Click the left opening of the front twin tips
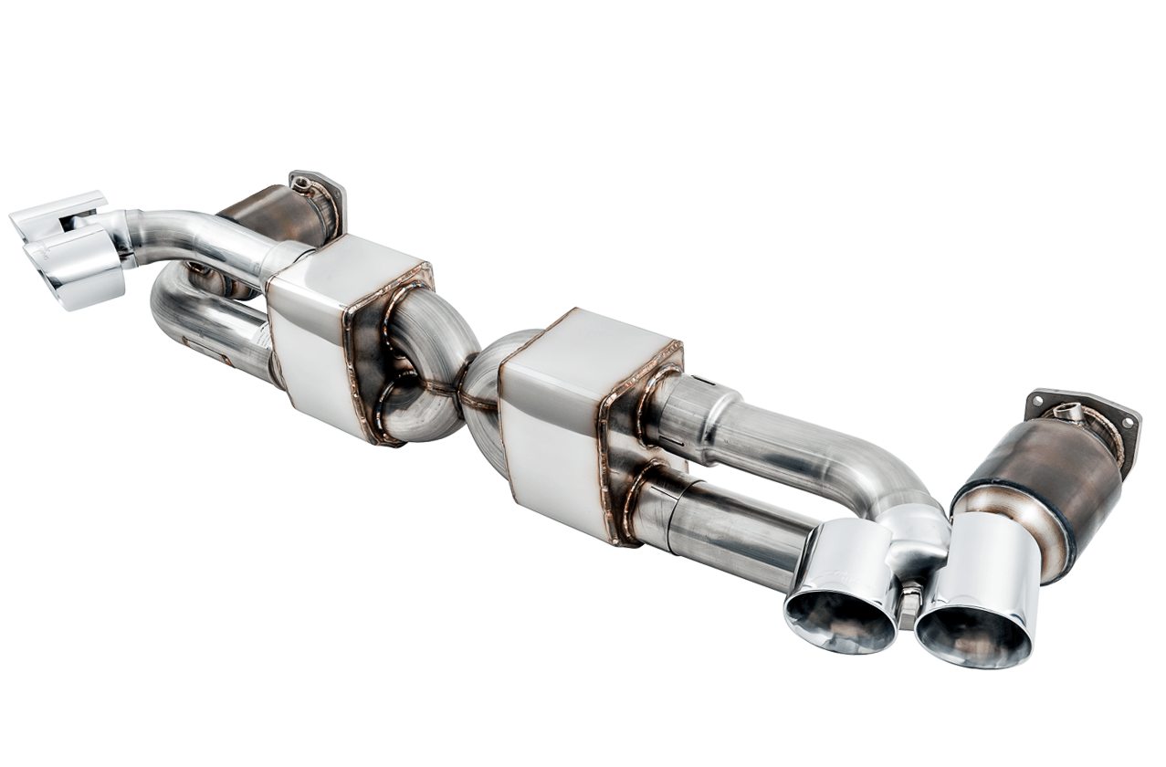click(x=839, y=620)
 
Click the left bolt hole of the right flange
click(x=1035, y=400)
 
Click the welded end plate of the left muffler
click(x=388, y=356)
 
